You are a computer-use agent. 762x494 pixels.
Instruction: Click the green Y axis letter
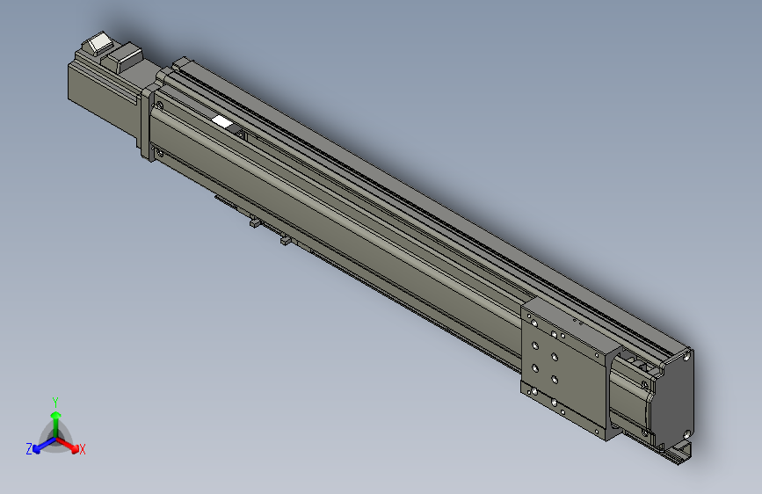[x=54, y=401]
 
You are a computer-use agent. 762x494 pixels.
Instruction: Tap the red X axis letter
[x=83, y=450]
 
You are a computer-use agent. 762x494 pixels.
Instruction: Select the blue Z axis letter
[x=29, y=448]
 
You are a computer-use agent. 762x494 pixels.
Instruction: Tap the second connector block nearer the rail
[x=125, y=58]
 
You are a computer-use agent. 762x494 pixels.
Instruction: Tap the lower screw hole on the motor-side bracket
[x=159, y=156]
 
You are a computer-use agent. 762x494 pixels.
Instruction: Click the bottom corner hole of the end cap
[x=685, y=433]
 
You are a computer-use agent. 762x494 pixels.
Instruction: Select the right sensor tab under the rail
[x=285, y=240]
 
